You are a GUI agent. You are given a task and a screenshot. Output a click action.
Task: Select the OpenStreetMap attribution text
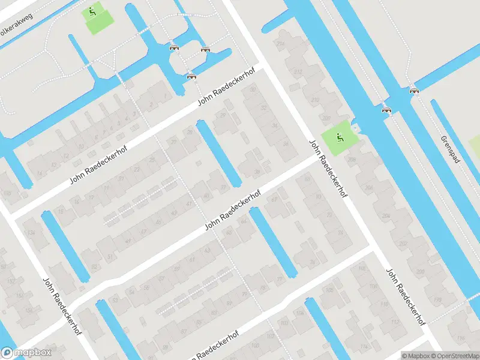click(x=454, y=356)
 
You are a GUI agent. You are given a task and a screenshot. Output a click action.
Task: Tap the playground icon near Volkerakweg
click(x=92, y=10)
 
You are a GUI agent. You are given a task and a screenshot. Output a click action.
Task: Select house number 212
click(x=298, y=72)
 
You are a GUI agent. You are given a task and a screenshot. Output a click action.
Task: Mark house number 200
click(x=419, y=272)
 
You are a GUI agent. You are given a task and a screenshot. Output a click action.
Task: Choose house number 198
click(x=437, y=299)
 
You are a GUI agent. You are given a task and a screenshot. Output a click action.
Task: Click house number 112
click(x=394, y=322)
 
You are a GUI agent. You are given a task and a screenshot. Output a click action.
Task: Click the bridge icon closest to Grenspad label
click(x=413, y=91)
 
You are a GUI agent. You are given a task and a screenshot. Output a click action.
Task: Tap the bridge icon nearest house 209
click(x=387, y=110)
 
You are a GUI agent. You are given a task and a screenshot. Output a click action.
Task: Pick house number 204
click(x=386, y=216)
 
